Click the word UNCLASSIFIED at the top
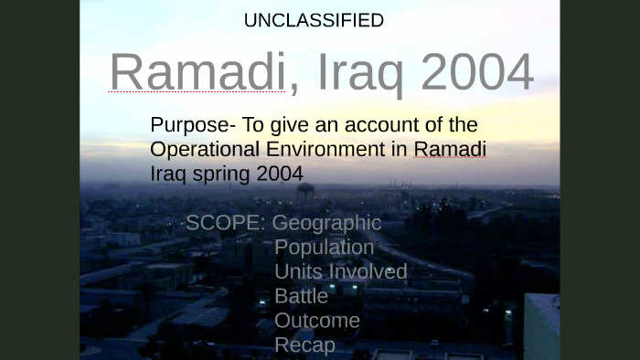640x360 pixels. tap(314, 20)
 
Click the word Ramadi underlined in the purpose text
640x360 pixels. tap(450, 149)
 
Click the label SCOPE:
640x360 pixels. tap(226, 223)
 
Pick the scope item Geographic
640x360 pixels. tap(326, 223)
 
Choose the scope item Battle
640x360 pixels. tap(301, 296)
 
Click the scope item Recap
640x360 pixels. tap(304, 345)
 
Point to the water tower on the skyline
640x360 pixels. tap(305, 192)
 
